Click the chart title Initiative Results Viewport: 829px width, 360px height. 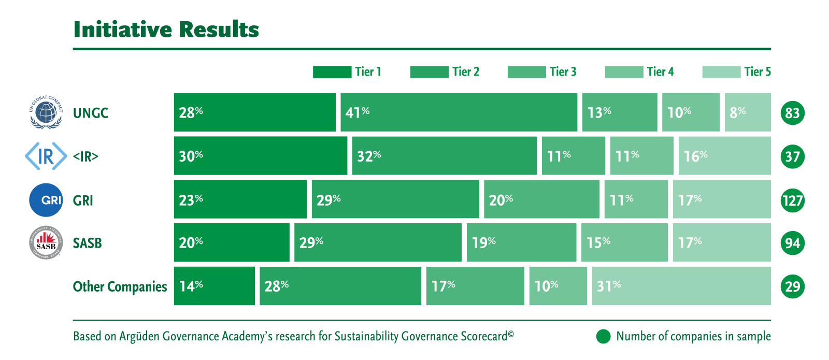(x=166, y=30)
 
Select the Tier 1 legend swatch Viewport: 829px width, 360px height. (x=332, y=72)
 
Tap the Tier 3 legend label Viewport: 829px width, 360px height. (x=563, y=71)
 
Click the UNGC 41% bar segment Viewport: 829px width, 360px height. (x=459, y=112)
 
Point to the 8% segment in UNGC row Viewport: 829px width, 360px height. (x=747, y=112)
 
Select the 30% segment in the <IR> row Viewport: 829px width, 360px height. (x=260, y=156)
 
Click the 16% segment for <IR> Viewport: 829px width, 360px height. (x=724, y=156)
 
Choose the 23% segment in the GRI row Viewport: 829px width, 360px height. (x=240, y=199)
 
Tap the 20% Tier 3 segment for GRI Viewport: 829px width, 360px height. (x=541, y=199)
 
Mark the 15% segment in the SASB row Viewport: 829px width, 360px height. (x=624, y=242)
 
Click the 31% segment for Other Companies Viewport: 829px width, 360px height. (x=681, y=286)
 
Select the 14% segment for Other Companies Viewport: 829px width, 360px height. (x=214, y=286)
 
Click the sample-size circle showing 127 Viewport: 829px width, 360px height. (x=792, y=200)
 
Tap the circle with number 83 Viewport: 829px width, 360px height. (x=792, y=113)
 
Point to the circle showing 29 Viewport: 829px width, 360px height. (x=792, y=286)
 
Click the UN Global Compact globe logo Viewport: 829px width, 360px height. (x=46, y=112)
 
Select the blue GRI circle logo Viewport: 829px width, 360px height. (x=46, y=200)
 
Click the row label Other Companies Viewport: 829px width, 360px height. (x=120, y=286)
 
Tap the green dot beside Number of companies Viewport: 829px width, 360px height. (x=603, y=337)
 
